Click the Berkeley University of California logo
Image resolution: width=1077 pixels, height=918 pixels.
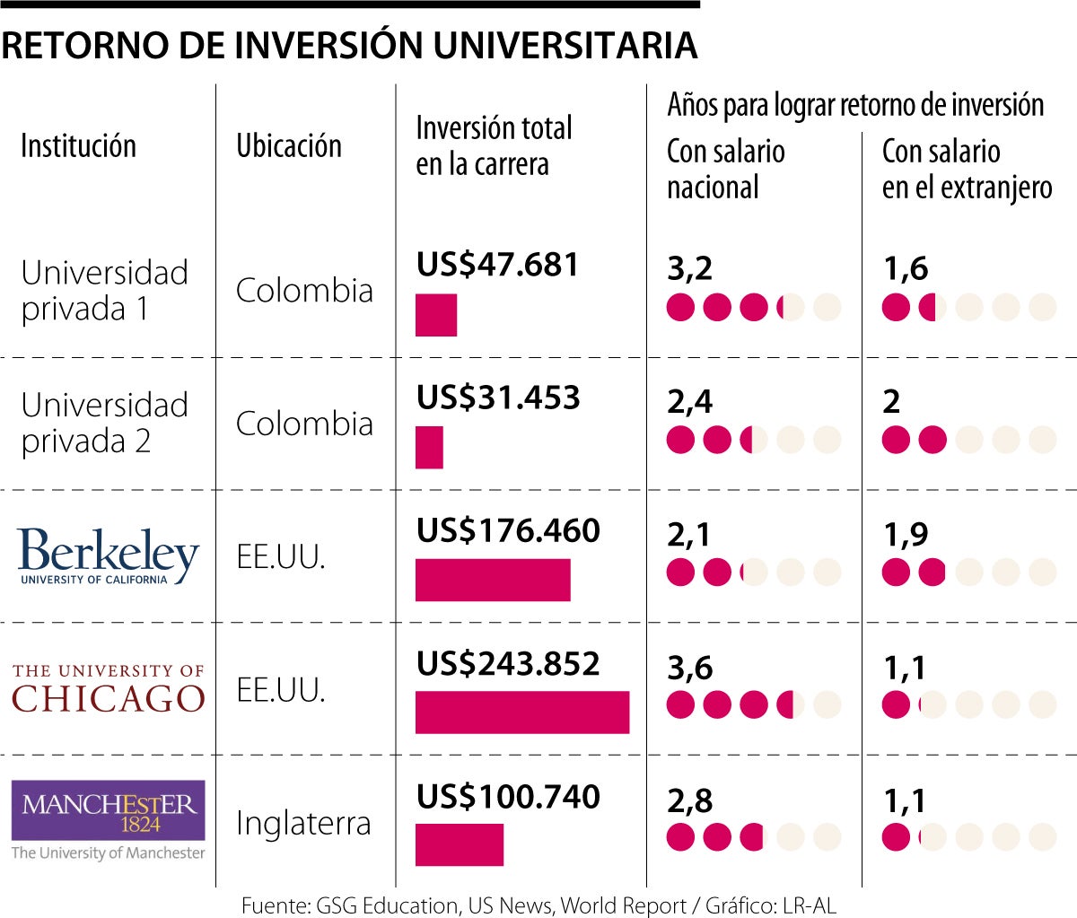108,555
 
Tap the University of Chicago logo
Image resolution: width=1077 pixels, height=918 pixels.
109,688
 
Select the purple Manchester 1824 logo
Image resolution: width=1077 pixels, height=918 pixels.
109,810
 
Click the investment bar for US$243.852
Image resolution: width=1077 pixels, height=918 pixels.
522,713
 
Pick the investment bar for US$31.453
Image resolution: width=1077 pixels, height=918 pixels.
429,447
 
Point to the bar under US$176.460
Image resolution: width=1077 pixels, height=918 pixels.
493,580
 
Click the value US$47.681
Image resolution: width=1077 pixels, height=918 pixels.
497,265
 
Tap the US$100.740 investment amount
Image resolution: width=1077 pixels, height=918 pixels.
508,796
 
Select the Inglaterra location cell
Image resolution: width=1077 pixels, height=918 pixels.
303,823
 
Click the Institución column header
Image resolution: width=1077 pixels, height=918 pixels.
78,145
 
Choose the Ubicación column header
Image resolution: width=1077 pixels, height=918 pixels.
289,145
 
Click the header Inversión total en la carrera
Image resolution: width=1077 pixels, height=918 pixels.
494,145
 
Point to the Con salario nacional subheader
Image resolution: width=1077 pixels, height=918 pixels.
725,169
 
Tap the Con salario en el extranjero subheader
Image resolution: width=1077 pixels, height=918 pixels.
967,169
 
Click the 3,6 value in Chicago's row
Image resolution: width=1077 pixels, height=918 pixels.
689,667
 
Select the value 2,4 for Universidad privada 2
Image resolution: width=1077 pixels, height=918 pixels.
689,401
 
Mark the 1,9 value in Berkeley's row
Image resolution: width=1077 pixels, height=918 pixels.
906,534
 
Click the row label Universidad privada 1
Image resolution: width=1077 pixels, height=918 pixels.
104,290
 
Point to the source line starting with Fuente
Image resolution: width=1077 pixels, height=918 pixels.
538,905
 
